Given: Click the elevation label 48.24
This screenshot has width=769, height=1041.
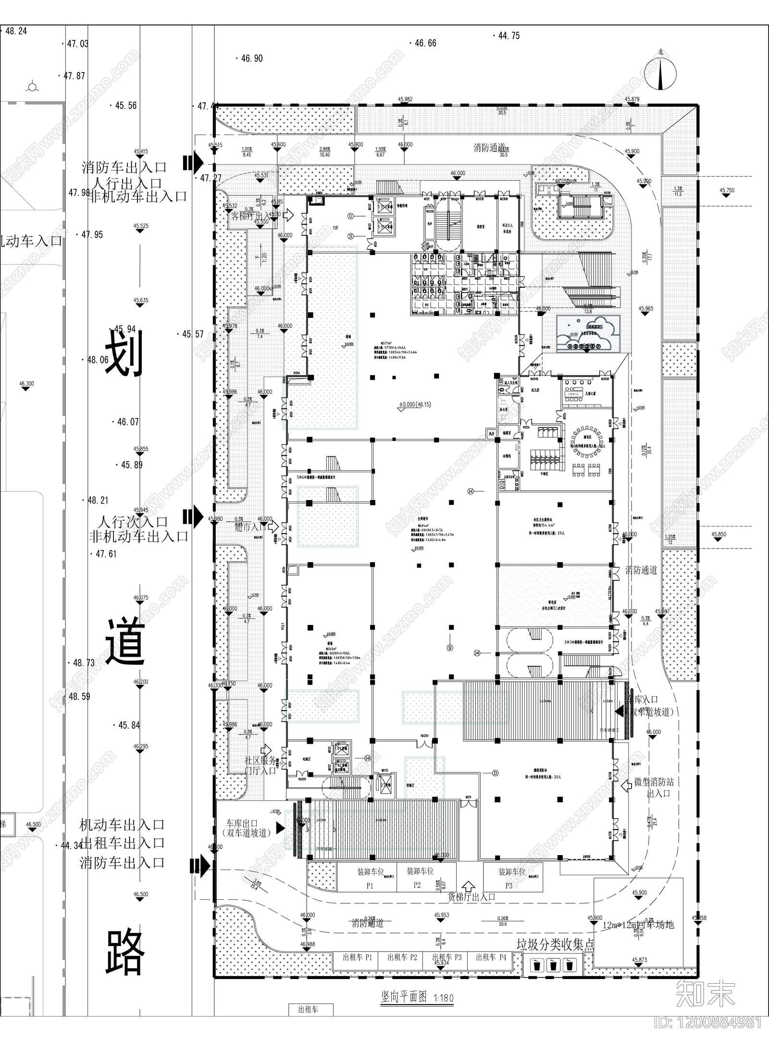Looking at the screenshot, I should pos(16,31).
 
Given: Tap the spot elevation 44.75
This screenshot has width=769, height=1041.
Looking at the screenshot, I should pos(509,36).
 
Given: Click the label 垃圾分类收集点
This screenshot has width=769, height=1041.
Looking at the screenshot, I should pos(555,945).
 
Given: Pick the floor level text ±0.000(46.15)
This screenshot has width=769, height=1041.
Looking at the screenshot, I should pos(414,404).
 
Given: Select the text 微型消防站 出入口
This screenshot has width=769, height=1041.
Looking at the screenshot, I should pos(654,788).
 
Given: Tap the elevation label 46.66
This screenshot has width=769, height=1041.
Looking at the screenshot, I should pos(425,43).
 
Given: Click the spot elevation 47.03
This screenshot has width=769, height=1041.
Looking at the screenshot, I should pos(77,44).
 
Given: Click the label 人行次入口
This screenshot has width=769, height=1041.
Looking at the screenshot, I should pos(132,522).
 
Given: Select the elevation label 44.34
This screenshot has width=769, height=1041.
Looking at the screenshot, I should pos(72,845).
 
